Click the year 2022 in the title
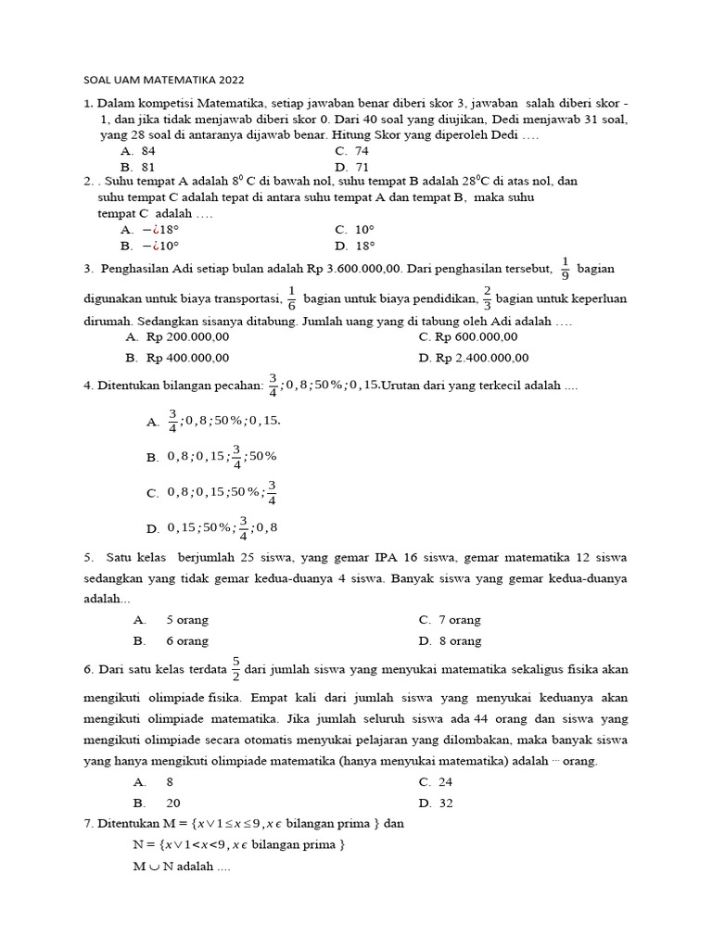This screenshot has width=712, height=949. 231,81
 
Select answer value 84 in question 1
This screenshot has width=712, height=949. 147,150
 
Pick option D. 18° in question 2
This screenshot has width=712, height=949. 364,246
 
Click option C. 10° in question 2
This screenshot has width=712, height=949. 364,229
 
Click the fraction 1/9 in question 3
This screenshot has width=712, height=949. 565,269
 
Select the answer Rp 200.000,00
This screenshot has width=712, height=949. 189,337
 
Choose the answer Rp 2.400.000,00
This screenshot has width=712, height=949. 482,358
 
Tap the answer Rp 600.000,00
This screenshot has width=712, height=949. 477,337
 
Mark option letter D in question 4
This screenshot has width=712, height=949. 152,529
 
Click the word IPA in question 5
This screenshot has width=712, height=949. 387,557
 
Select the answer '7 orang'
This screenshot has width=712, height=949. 460,620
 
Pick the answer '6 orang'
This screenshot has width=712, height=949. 187,640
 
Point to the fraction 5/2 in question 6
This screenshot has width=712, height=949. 236,666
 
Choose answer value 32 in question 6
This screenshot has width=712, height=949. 447,803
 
